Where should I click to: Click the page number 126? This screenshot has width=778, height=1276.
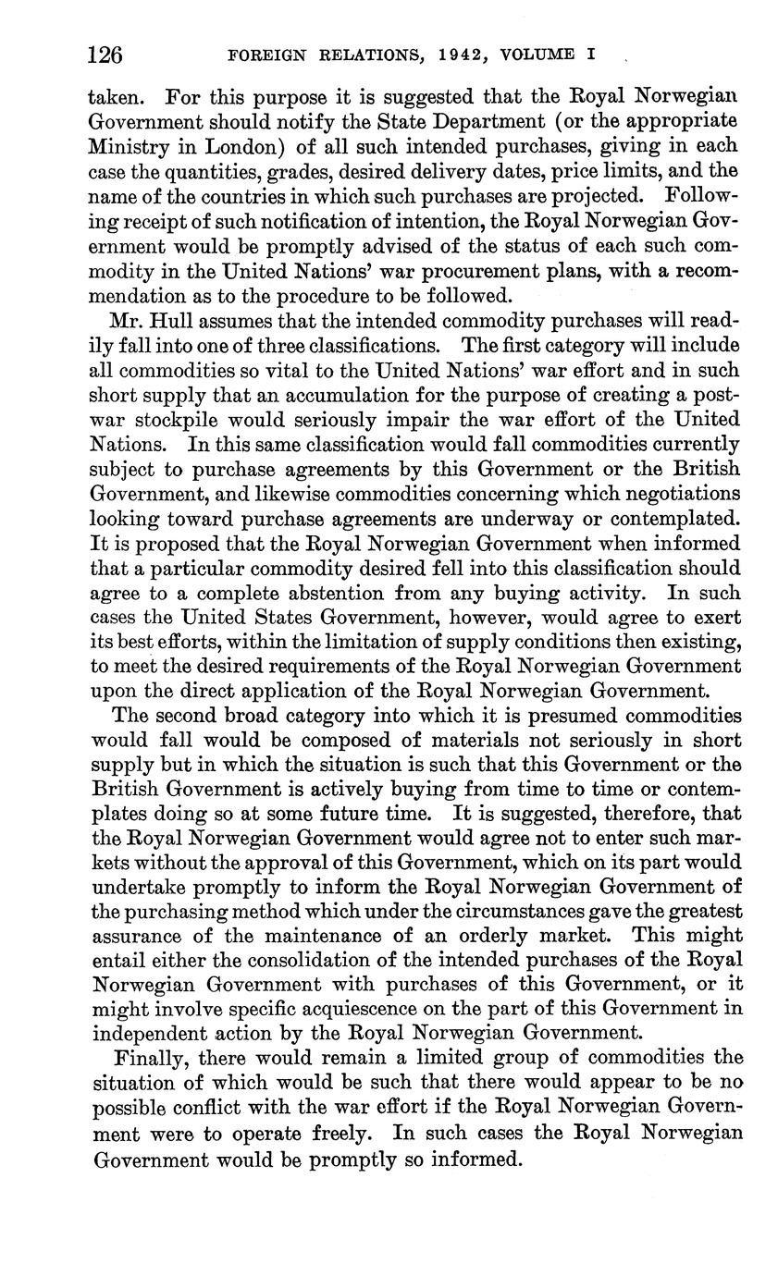(x=105, y=55)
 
